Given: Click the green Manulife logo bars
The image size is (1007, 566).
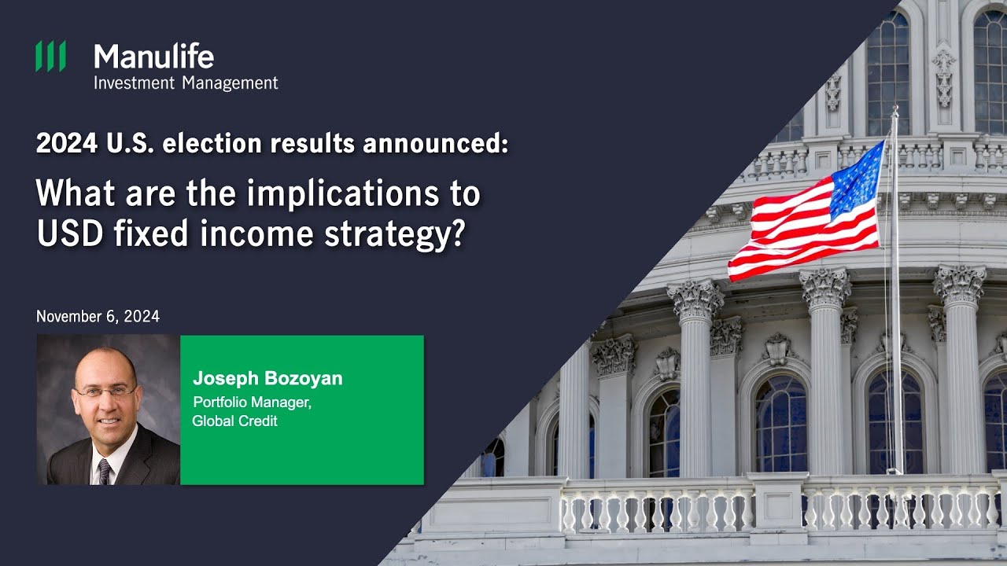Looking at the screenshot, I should (50, 57).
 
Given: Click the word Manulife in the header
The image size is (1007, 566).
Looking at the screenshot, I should (153, 57).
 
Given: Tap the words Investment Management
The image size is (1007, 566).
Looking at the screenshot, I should (186, 83).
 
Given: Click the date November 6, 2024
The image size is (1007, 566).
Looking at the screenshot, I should (98, 317).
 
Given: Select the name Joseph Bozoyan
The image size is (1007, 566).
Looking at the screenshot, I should (267, 379).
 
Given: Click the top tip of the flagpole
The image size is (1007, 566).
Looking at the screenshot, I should (894, 108).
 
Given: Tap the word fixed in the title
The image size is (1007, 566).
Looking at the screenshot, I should (143, 234).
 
